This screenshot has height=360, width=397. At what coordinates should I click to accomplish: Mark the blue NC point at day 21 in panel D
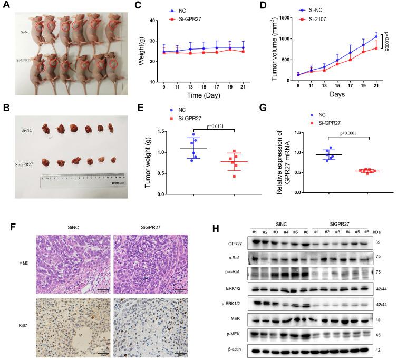point(375,36)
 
